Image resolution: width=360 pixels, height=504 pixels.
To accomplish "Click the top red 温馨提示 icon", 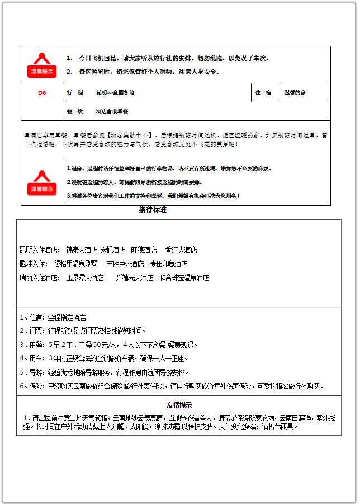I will (41, 65).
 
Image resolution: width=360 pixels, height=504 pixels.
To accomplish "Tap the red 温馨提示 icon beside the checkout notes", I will (41, 182).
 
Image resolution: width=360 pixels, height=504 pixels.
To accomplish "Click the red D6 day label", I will (42, 93).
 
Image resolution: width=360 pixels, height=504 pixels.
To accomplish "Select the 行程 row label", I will (75, 93).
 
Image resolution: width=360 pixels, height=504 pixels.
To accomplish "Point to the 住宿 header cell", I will (263, 93).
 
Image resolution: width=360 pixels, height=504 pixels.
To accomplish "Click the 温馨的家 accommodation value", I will (295, 93).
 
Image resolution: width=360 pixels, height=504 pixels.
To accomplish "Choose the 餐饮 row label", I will (75, 111).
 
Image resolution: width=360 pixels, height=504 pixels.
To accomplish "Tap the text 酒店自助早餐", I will (112, 111).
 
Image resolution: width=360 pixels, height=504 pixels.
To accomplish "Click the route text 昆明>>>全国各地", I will (115, 93).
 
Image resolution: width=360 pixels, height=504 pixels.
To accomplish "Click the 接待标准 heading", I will (153, 211).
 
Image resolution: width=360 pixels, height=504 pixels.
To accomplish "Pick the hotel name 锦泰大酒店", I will (82, 250).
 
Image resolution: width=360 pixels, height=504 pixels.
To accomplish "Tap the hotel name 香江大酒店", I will (181, 250).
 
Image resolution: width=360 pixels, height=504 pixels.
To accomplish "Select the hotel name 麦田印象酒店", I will (169, 264).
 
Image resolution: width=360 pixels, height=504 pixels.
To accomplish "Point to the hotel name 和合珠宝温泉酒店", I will (184, 278).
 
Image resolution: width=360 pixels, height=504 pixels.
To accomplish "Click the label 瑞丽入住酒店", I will (39, 278).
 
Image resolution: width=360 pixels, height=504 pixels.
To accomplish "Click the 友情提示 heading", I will (179, 405).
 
